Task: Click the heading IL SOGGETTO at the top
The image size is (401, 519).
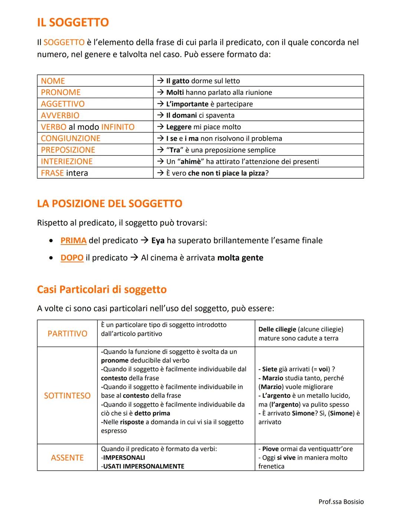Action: point(73,23)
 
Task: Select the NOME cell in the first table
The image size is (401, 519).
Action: point(53,81)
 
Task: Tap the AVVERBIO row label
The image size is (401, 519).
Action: point(60,116)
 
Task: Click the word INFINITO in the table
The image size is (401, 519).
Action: point(118,127)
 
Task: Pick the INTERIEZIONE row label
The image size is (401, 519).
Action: point(67,162)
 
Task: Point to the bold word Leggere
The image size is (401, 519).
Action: point(179,127)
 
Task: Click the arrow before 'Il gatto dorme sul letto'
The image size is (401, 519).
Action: point(160,81)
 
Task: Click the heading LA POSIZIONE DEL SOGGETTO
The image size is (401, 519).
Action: point(110,204)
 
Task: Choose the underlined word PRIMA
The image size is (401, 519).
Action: point(74,241)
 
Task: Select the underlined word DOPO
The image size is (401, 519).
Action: point(72,258)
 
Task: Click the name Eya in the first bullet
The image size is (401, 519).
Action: point(158,241)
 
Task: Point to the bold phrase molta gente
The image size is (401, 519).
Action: point(240,258)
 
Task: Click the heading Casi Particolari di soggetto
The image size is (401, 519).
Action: point(102,289)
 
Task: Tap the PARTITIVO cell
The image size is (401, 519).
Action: point(67,334)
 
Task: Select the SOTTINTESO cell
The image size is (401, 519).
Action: point(67,396)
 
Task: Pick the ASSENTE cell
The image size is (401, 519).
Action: point(67,458)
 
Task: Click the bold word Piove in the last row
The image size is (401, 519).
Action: point(270,449)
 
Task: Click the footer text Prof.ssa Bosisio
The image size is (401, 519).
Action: point(341,502)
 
